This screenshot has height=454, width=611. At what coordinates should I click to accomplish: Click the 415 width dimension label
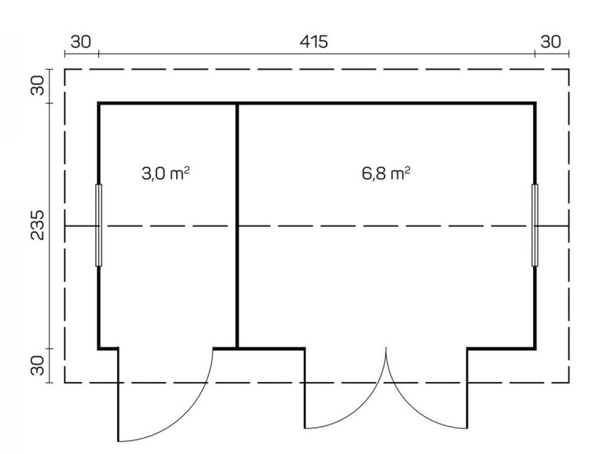coord(314,42)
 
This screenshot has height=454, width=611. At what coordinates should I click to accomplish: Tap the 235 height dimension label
coord(39,225)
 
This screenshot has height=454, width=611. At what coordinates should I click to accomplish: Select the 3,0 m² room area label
coord(166,173)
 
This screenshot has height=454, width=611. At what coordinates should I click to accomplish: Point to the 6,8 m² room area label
coord(386,173)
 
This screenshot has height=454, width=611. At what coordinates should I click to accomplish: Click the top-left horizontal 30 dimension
coord(81,42)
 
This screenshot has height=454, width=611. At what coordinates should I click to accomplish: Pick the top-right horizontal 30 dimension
coord(551,42)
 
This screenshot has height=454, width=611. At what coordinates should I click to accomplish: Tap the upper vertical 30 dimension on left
coord(39,86)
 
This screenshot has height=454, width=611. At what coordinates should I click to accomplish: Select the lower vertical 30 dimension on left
coord(39,365)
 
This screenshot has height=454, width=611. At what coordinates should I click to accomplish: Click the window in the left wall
coord(98,225)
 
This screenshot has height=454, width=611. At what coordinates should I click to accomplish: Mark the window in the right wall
coord(535,225)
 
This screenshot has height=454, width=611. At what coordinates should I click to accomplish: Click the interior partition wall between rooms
coord(237,225)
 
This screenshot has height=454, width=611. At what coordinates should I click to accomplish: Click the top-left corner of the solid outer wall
coord(99,104)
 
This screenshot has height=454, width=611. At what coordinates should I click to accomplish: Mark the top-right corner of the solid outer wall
coord(535,104)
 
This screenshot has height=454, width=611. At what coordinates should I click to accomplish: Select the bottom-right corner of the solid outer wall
coord(535,348)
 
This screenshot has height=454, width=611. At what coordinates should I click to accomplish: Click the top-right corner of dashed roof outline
coord(569,70)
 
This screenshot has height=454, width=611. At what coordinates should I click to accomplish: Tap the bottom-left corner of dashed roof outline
coord(65,383)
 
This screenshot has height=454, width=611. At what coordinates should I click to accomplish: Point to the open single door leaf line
coord(118,395)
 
